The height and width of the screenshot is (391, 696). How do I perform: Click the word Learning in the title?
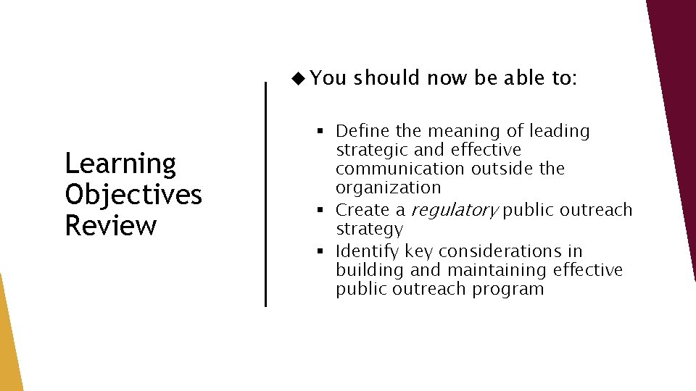click(120, 164)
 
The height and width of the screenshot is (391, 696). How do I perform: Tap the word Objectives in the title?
click(133, 195)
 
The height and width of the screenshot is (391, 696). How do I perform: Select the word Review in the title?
click(110, 225)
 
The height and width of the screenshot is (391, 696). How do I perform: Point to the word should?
click(387, 77)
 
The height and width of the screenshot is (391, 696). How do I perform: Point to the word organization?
click(388, 188)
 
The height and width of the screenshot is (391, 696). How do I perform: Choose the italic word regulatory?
click(454, 211)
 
